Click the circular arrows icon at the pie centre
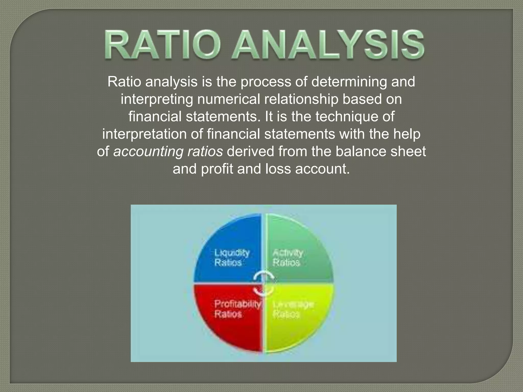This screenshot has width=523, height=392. point(264,283)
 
